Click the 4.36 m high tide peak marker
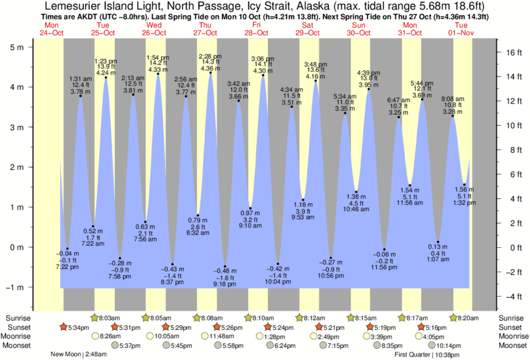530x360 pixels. [211, 73]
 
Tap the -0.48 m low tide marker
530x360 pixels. [225, 266]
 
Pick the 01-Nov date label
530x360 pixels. [462, 32]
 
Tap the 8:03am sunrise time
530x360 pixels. [110, 318]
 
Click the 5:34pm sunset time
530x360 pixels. [74, 327]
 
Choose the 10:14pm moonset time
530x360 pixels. [449, 346]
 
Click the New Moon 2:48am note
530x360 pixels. [76, 355]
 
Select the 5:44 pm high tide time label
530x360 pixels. [422, 83]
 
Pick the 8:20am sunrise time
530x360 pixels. [469, 318]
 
